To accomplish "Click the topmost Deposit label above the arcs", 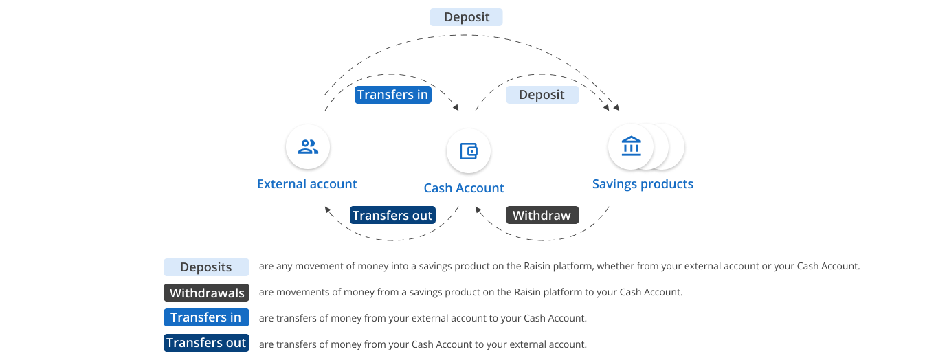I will pyautogui.click(x=466, y=17).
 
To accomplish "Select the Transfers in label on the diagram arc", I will pyautogui.click(x=392, y=95).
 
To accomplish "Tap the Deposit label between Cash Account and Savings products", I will pyautogui.click(x=542, y=95).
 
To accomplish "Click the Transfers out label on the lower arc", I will pyautogui.click(x=392, y=216).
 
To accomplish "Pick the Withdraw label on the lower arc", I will pyautogui.click(x=542, y=216).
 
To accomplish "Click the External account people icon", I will pyautogui.click(x=308, y=146).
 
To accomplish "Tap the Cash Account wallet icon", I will pyautogui.click(x=468, y=151).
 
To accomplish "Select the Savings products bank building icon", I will pyautogui.click(x=631, y=146).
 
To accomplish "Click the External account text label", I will pyautogui.click(x=307, y=184).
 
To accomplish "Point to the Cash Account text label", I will pyautogui.click(x=464, y=188).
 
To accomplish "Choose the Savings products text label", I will pyautogui.click(x=643, y=184).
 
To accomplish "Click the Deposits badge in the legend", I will pyautogui.click(x=206, y=267).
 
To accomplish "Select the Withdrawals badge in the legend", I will pyautogui.click(x=207, y=293).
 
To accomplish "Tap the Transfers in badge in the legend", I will pyautogui.click(x=206, y=317).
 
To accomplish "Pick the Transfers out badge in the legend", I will pyautogui.click(x=206, y=343).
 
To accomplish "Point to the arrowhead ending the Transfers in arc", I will pyautogui.click(x=456, y=108).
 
